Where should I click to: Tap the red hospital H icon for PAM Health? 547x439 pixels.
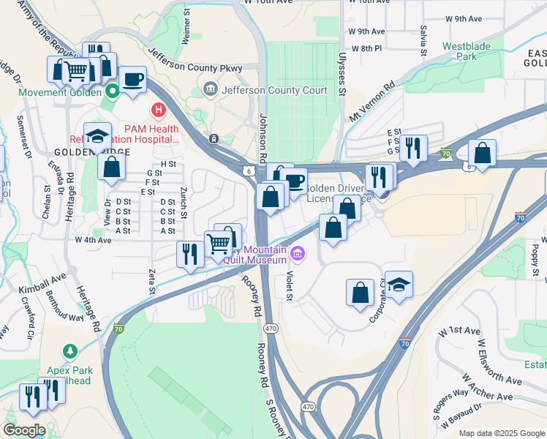click(x=157, y=110)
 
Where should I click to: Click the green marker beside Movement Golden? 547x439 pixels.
click(x=113, y=92)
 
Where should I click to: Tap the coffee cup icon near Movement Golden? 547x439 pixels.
click(x=132, y=80)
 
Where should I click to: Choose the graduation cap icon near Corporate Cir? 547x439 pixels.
click(x=399, y=284)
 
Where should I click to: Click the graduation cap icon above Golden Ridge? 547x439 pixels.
click(x=98, y=135)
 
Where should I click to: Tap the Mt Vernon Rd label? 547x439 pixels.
click(x=372, y=105)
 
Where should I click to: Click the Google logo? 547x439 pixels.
click(x=25, y=430)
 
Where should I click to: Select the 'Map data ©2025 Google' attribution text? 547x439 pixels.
click(x=501, y=433)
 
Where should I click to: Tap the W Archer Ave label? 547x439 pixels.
click(x=488, y=389)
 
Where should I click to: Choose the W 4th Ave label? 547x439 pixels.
click(x=93, y=239)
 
